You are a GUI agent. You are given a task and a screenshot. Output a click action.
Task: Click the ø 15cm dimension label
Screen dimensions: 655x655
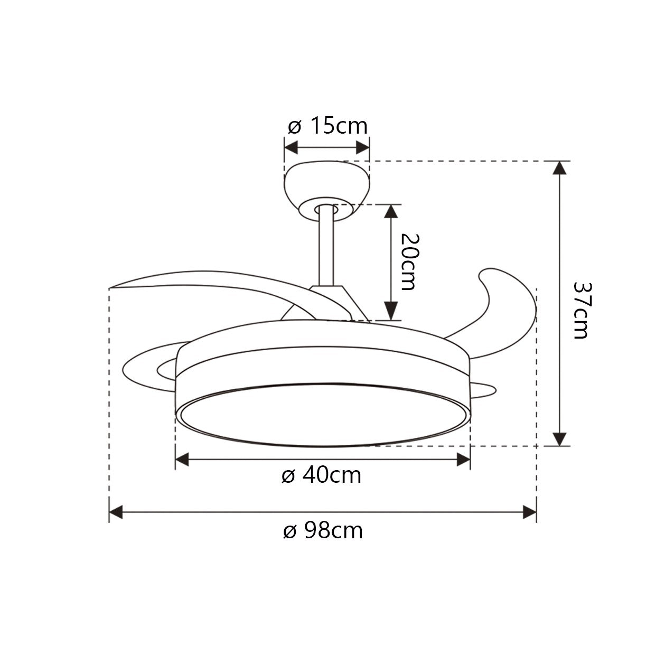pos(327,126)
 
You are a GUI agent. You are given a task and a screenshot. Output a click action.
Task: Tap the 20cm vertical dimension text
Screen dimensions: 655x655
pos(408,261)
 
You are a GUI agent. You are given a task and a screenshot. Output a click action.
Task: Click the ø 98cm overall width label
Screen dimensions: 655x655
pos(323,530)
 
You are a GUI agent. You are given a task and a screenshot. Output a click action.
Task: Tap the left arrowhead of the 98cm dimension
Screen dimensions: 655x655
pos(116,512)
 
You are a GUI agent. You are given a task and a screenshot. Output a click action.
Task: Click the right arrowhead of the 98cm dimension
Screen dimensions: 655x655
pos(530,512)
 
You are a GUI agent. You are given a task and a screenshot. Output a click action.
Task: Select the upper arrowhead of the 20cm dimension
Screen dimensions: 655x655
pos(390,211)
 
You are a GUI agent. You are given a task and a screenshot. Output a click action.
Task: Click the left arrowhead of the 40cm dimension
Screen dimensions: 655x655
pos(182,460)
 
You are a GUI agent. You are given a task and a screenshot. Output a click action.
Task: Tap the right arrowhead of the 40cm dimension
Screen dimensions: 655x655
pos(463,460)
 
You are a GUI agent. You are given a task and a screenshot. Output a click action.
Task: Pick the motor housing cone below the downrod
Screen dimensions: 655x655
pos(338,301)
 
